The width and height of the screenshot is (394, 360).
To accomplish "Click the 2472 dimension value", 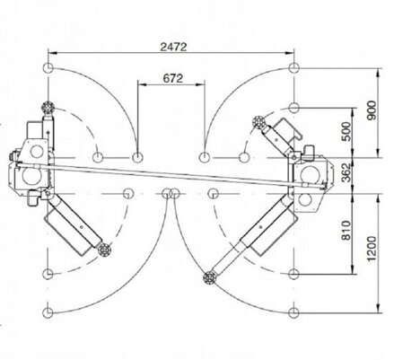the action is click(x=173, y=47).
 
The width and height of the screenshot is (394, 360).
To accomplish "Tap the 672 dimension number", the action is click(x=173, y=78).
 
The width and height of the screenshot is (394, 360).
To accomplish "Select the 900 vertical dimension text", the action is click(x=372, y=110).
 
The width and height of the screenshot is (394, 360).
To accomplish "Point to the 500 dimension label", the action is click(x=346, y=132).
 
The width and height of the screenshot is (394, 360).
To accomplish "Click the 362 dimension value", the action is click(x=346, y=172).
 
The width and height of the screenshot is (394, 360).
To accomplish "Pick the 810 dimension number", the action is click(x=346, y=231).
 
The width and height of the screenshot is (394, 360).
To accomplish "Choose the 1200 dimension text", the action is click(x=372, y=249).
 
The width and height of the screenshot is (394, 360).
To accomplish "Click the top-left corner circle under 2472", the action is click(x=48, y=68).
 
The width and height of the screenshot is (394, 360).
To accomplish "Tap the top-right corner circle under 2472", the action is click(x=294, y=67).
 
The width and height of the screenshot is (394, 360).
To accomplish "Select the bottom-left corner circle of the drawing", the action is click(x=48, y=313).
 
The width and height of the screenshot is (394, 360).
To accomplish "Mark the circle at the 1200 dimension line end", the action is click(x=294, y=313).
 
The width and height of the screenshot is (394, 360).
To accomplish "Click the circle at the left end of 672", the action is click(x=137, y=157).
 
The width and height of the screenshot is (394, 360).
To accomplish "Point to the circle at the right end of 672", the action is click(x=205, y=157).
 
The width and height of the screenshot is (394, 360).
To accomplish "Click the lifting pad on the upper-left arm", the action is click(x=48, y=107).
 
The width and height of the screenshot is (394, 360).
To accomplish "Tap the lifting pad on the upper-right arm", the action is click(x=258, y=122).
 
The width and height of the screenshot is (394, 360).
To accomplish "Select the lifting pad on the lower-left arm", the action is click(x=105, y=250).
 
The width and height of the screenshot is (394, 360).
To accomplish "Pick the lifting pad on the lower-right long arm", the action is click(x=209, y=278).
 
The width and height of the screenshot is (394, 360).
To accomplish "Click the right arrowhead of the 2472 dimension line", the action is click(x=290, y=53).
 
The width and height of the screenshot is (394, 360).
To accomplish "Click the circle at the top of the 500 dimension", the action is click(x=294, y=108).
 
